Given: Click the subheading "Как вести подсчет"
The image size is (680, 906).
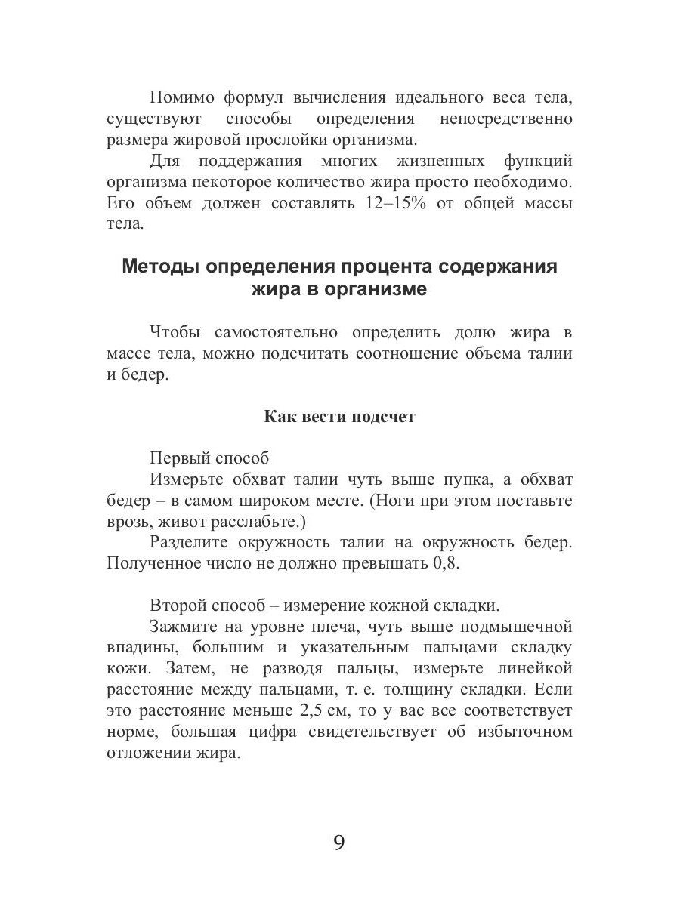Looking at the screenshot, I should [x=339, y=417].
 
